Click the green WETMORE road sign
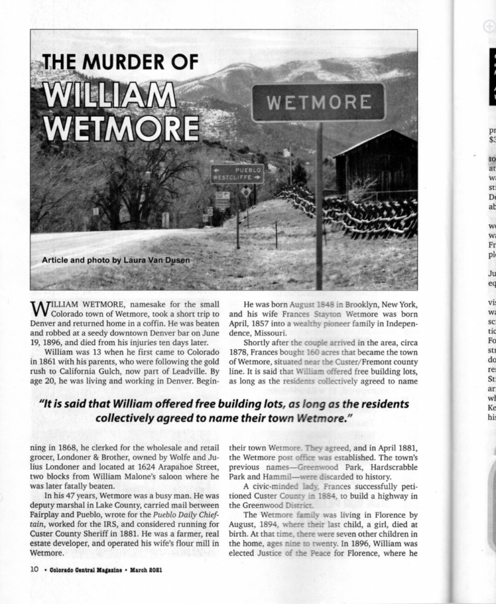318,102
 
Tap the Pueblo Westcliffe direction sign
237,173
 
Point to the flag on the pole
287,152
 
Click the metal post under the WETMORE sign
319,206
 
